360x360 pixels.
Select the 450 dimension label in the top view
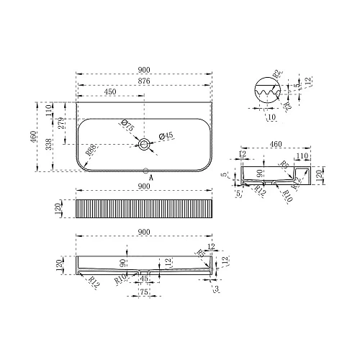[x=112, y=92]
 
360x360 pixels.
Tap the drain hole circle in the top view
[x=145, y=145]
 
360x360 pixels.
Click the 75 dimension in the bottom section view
[x=144, y=292]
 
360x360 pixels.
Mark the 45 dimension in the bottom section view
[x=144, y=278]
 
